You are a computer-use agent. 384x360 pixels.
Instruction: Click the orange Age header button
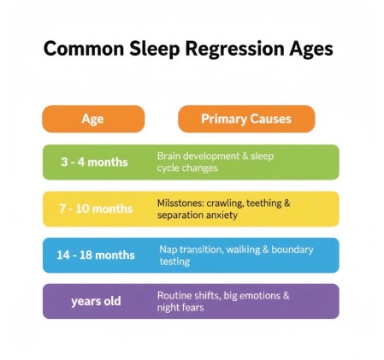tap(92, 119)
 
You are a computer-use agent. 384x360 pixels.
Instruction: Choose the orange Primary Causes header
tap(245, 119)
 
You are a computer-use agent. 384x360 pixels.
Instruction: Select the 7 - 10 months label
tap(97, 209)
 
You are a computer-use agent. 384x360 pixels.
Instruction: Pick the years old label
tap(96, 301)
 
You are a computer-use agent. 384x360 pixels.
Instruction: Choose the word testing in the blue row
tap(175, 262)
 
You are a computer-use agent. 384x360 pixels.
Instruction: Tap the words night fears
tap(180, 308)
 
